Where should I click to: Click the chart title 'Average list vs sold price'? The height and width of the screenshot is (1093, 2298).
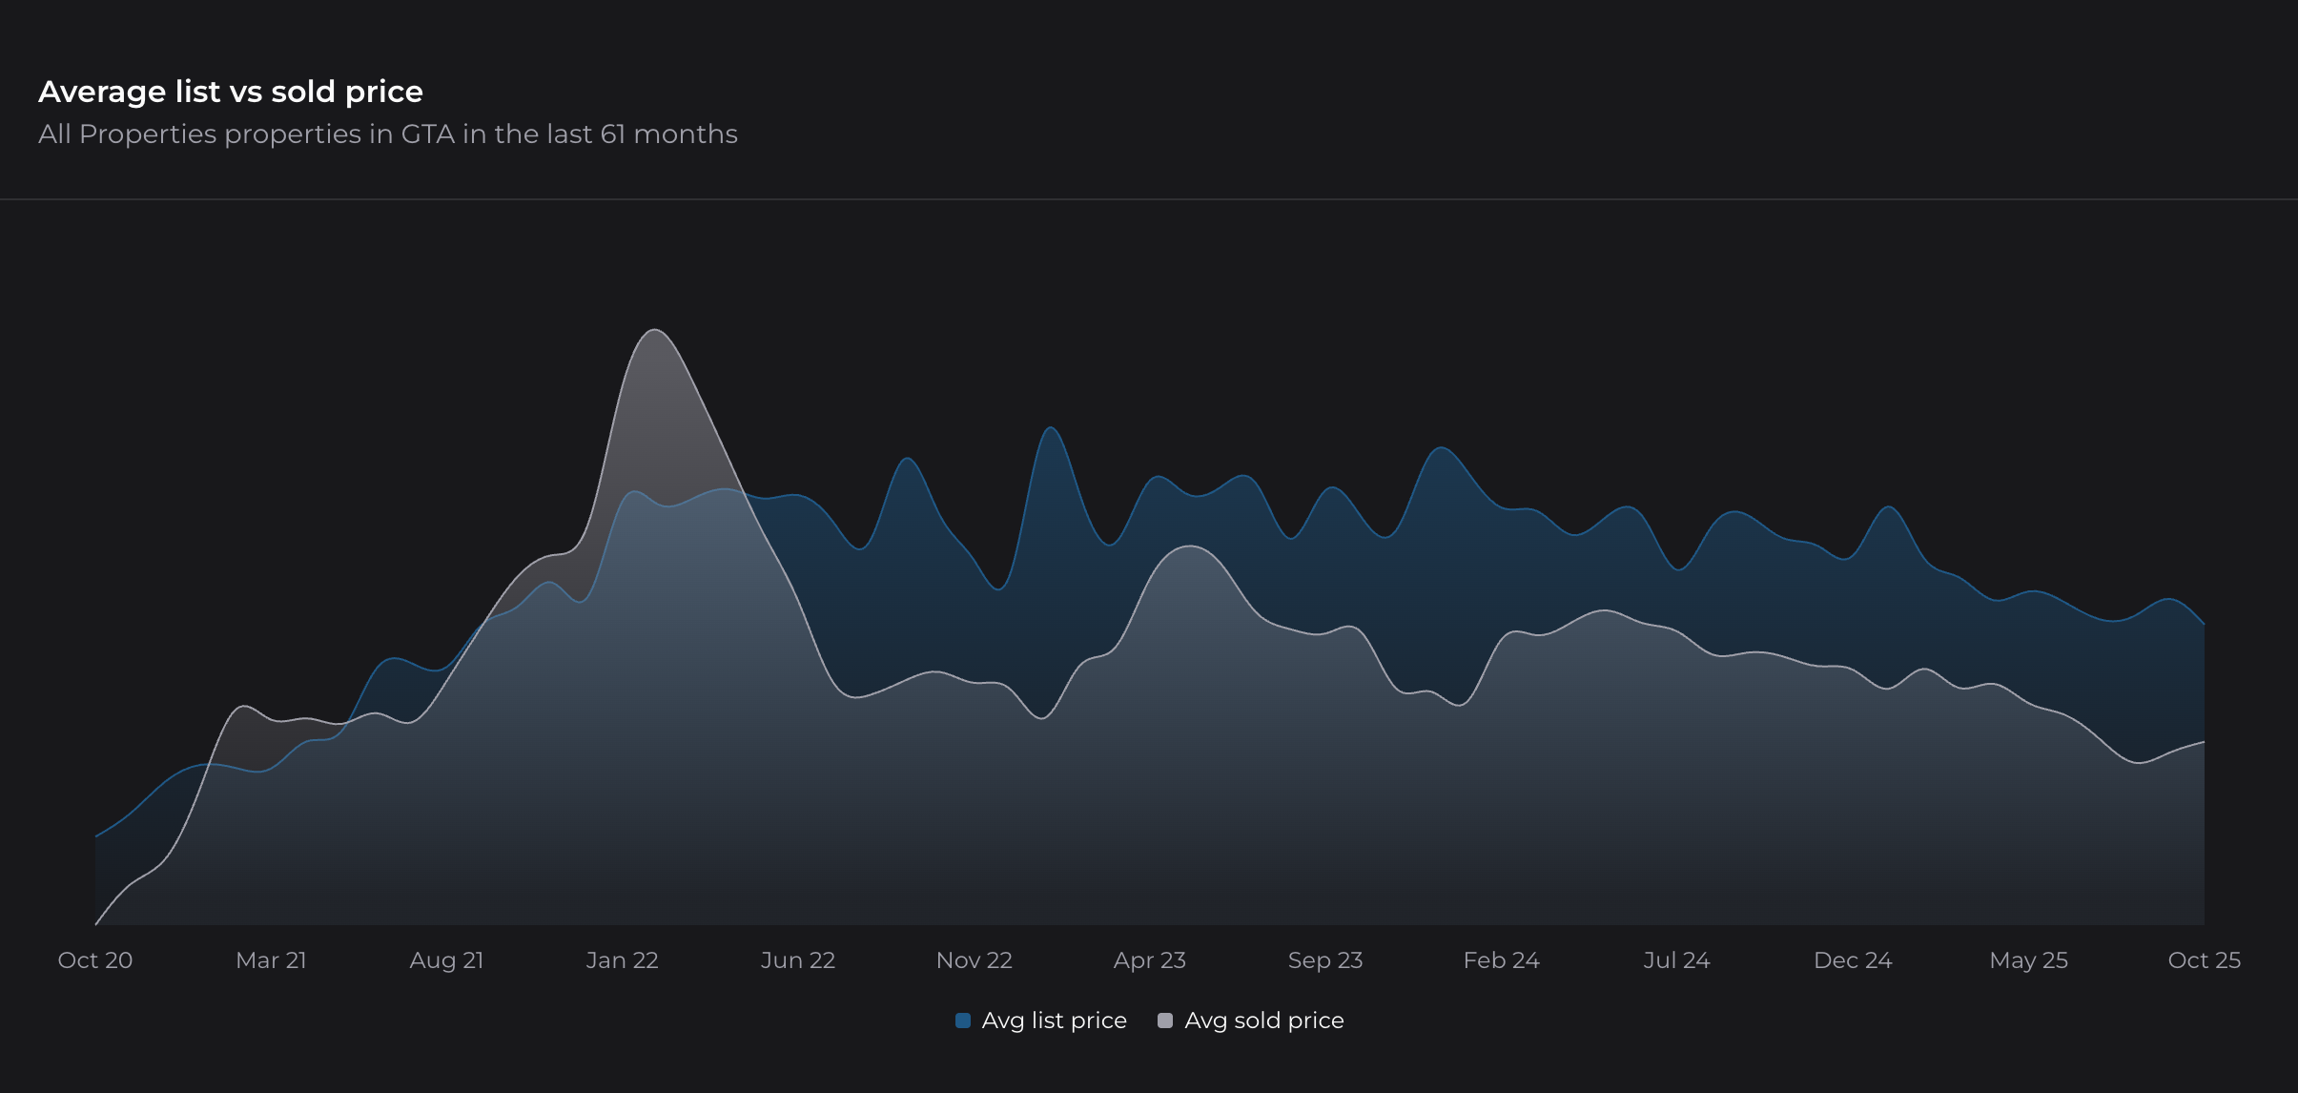click(x=231, y=92)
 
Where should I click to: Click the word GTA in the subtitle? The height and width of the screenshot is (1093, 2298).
click(x=427, y=134)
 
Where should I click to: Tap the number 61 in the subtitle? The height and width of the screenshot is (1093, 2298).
click(x=612, y=134)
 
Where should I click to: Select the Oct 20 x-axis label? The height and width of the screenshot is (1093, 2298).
click(x=95, y=960)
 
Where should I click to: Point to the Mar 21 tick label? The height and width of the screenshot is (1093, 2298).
click(x=271, y=960)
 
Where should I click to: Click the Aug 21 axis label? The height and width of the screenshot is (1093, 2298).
click(x=446, y=960)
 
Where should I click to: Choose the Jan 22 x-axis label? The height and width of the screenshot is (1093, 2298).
click(x=622, y=960)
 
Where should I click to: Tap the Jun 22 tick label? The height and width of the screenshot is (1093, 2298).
click(x=798, y=960)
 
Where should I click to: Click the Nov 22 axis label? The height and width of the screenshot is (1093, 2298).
click(x=974, y=960)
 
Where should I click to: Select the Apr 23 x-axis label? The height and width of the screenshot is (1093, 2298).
click(x=1149, y=960)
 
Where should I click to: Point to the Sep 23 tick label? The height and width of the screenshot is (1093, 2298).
click(x=1325, y=960)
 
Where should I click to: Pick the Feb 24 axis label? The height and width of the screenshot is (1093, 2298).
click(x=1501, y=960)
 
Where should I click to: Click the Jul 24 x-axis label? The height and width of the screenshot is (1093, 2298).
click(x=1676, y=960)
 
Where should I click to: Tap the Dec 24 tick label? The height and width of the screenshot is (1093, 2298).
click(x=1853, y=960)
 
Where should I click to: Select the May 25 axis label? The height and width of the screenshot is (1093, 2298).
click(x=2028, y=960)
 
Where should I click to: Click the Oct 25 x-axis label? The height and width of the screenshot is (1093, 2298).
click(x=2204, y=960)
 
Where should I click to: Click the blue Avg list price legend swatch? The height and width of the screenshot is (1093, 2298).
click(x=963, y=1021)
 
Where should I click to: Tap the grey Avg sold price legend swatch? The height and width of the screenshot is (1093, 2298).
click(x=1164, y=1021)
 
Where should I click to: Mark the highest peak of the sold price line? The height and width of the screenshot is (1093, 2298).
click(x=655, y=330)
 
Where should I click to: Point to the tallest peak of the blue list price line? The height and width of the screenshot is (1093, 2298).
click(x=1051, y=427)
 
